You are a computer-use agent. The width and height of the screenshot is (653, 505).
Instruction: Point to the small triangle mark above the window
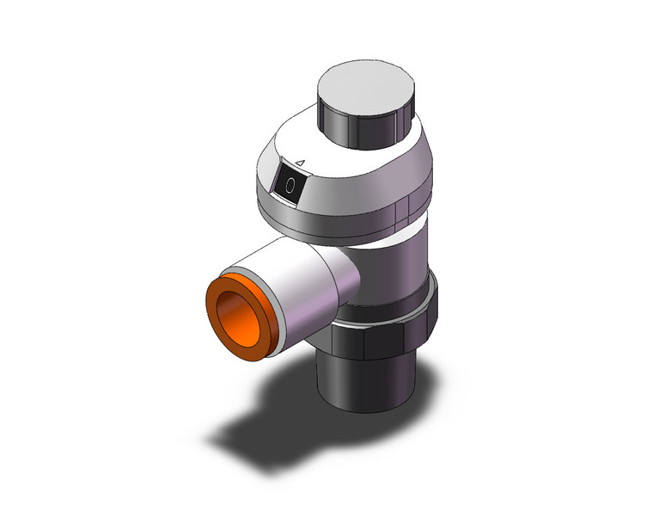pos(300,163)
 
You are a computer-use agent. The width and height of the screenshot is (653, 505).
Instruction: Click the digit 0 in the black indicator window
pos(290,185)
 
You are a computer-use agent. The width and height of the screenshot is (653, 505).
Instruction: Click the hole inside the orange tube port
pos(238,320)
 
